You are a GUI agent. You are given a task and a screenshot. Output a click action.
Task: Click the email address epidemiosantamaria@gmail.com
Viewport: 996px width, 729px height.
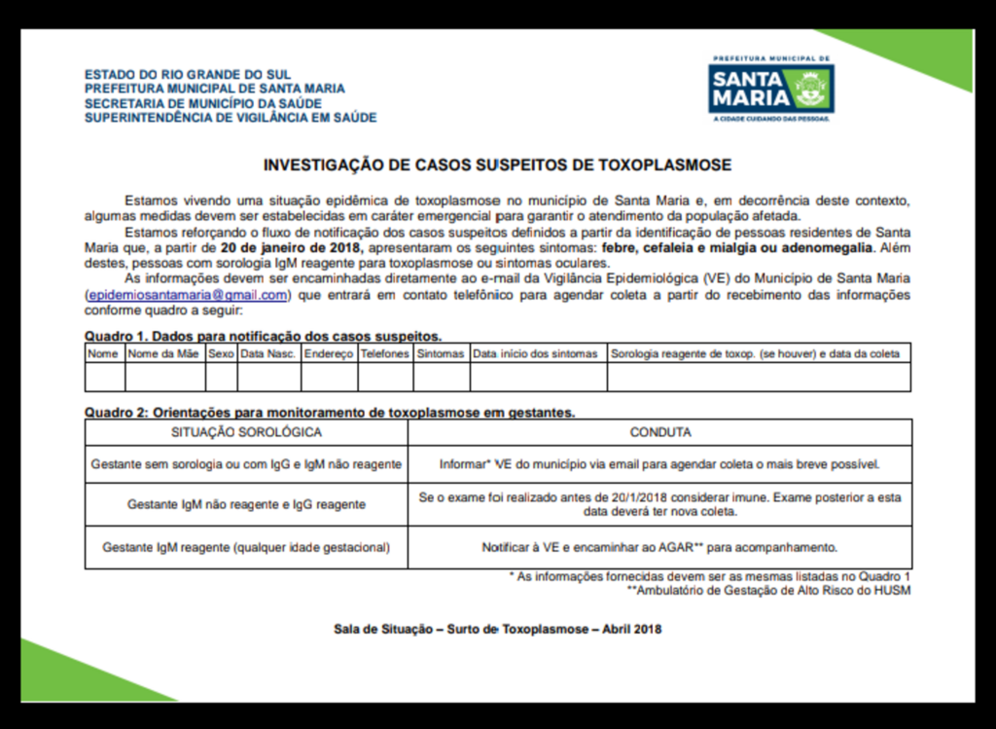pos(188,295)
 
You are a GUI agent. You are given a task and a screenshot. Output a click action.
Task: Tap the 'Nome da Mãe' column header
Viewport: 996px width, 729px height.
pos(163,354)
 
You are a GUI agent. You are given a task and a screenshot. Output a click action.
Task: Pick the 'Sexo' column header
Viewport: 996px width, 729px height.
pos(221,354)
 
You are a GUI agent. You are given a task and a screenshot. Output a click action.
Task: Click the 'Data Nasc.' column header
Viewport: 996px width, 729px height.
pos(268,354)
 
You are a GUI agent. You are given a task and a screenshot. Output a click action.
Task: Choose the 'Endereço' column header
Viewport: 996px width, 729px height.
pos(329,354)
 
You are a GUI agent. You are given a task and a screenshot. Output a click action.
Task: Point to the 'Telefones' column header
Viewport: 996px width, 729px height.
pos(385,354)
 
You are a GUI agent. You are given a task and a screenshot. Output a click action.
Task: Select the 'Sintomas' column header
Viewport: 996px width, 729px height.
pos(441,354)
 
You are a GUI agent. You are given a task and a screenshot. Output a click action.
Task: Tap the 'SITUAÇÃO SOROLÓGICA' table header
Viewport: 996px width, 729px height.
pos(246,432)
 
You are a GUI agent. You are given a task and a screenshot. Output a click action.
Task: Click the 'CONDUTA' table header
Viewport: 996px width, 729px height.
pos(660,432)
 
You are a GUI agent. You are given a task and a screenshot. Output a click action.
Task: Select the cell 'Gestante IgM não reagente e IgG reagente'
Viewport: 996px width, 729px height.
pos(246,505)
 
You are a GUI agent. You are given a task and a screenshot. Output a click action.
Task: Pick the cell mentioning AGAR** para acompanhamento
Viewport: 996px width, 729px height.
pos(659,548)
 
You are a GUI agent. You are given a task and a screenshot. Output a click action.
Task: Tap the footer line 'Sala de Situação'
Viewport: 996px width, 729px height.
pos(497,630)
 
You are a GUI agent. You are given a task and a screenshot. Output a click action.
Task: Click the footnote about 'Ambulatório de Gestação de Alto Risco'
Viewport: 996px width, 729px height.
pos(768,590)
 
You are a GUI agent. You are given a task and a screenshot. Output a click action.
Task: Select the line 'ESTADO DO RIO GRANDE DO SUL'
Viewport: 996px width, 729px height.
pos(188,75)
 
